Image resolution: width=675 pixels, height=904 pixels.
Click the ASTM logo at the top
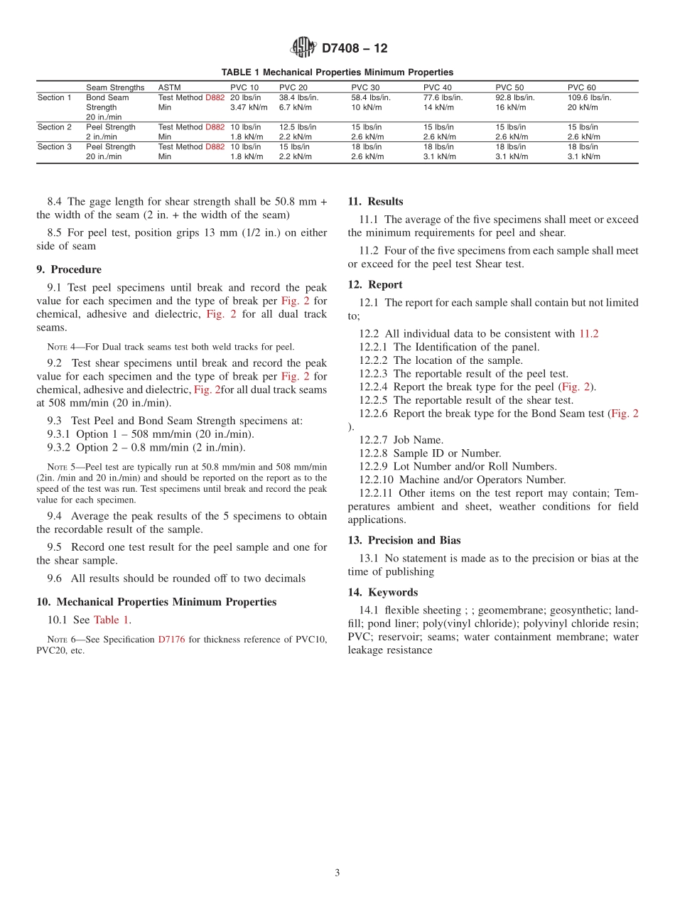point(303,48)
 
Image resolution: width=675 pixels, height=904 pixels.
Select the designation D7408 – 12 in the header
point(355,48)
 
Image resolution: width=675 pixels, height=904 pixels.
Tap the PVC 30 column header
point(365,87)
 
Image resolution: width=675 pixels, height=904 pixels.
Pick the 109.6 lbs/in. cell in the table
point(589,97)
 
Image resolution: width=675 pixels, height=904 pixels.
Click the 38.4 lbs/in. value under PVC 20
point(298,97)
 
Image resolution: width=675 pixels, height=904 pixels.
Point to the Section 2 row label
point(55,127)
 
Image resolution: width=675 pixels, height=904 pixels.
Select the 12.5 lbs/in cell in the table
point(298,127)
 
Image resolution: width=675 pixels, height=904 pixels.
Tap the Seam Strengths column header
point(115,87)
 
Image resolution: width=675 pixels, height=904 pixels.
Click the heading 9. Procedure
point(69,269)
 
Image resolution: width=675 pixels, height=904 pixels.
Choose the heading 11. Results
point(375,201)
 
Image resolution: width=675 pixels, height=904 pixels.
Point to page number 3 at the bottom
point(337,873)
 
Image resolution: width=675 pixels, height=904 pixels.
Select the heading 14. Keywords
point(383,592)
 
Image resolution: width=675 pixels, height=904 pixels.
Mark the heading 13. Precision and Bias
point(404,540)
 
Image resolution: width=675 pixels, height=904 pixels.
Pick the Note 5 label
point(56,467)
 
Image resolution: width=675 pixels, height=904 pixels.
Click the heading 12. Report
point(375,284)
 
